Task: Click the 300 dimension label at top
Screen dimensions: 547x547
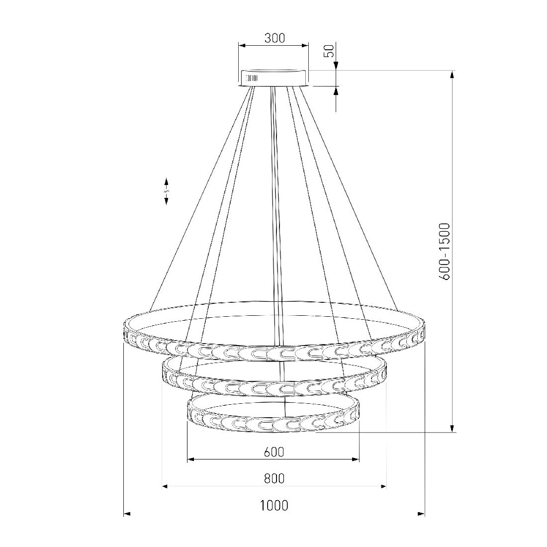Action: (x=274, y=38)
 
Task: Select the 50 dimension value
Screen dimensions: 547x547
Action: (x=330, y=51)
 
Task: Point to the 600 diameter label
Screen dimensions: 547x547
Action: (x=274, y=452)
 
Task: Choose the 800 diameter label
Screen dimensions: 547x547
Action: (x=274, y=478)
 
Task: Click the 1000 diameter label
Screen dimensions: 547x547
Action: (x=274, y=506)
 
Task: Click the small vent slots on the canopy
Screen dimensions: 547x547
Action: (x=252, y=78)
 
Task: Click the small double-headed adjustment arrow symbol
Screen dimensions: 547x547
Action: (x=167, y=191)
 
